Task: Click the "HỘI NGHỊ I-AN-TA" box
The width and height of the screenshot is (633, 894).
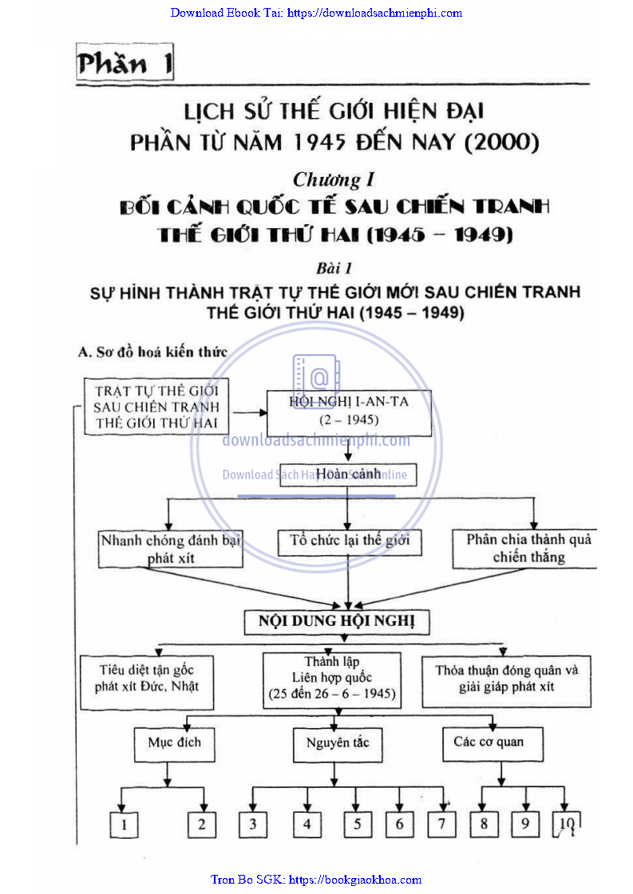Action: click(349, 411)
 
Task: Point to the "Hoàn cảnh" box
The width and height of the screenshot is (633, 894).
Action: click(348, 474)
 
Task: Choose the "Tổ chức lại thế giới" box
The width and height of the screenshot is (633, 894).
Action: click(350, 542)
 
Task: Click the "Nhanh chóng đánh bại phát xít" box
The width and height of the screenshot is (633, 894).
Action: click(170, 549)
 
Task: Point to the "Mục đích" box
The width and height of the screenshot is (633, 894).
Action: click(174, 743)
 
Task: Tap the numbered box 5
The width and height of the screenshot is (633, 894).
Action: click(358, 825)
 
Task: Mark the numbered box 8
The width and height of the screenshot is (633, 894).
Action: click(484, 824)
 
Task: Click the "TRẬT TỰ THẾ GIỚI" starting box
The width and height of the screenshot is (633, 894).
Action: click(156, 408)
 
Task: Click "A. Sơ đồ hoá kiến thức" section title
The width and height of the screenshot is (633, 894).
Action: click(152, 352)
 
